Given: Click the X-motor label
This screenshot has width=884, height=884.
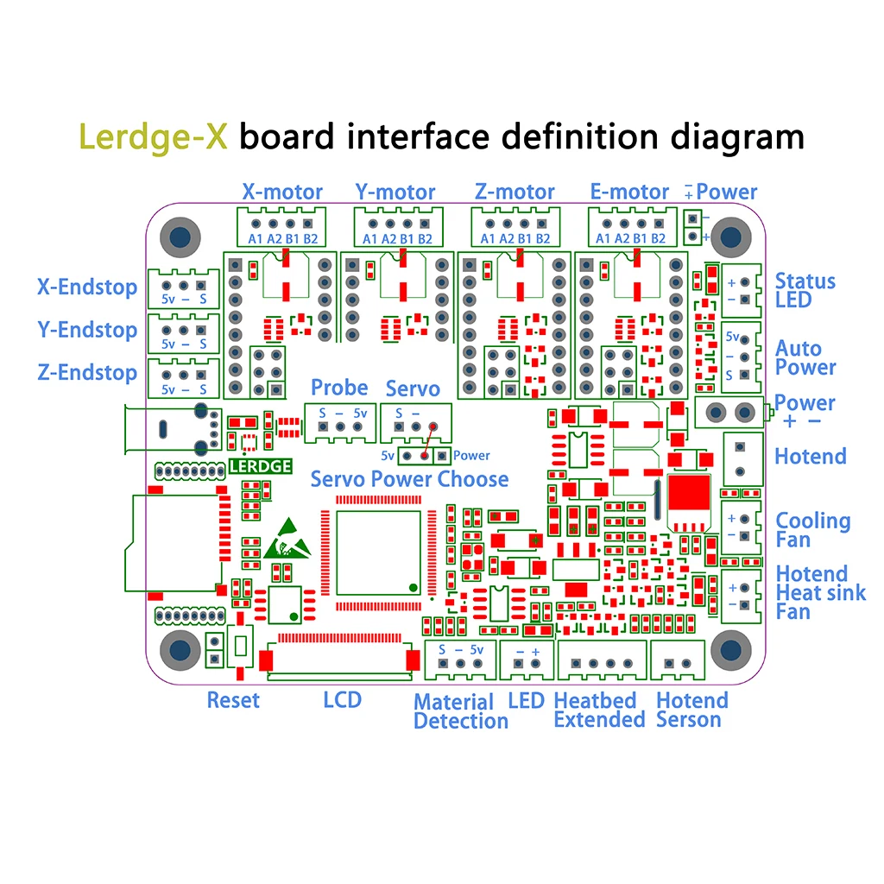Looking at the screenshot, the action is [282, 192].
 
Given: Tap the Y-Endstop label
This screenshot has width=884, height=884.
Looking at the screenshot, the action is [87, 330].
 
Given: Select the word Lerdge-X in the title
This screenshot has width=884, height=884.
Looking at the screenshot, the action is [153, 137].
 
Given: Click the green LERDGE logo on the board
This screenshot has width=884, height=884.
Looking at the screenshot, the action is [261, 466].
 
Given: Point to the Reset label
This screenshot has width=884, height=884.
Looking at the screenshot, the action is [233, 700].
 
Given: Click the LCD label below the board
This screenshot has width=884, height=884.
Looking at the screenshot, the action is [342, 700].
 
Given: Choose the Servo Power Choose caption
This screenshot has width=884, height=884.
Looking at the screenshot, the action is [410, 479].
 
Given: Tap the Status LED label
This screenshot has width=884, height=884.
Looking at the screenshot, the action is [805, 290].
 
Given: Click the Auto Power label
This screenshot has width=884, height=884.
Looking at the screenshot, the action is [805, 358].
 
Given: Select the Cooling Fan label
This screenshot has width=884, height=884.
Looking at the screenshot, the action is [813, 530].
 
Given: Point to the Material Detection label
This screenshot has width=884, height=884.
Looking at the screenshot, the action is [461, 711].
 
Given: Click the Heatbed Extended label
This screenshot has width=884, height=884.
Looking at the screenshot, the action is [599, 710].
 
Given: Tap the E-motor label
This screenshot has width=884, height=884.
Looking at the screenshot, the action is [629, 192].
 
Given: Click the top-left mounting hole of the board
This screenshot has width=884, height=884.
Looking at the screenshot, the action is [180, 237].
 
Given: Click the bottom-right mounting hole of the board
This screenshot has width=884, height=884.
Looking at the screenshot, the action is [731, 650].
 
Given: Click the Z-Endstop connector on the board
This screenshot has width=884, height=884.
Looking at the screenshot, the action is [184, 378].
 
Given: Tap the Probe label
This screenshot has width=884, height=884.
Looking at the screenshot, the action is [339, 388].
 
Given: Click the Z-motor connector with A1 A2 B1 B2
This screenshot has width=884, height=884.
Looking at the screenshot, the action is [516, 227].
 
